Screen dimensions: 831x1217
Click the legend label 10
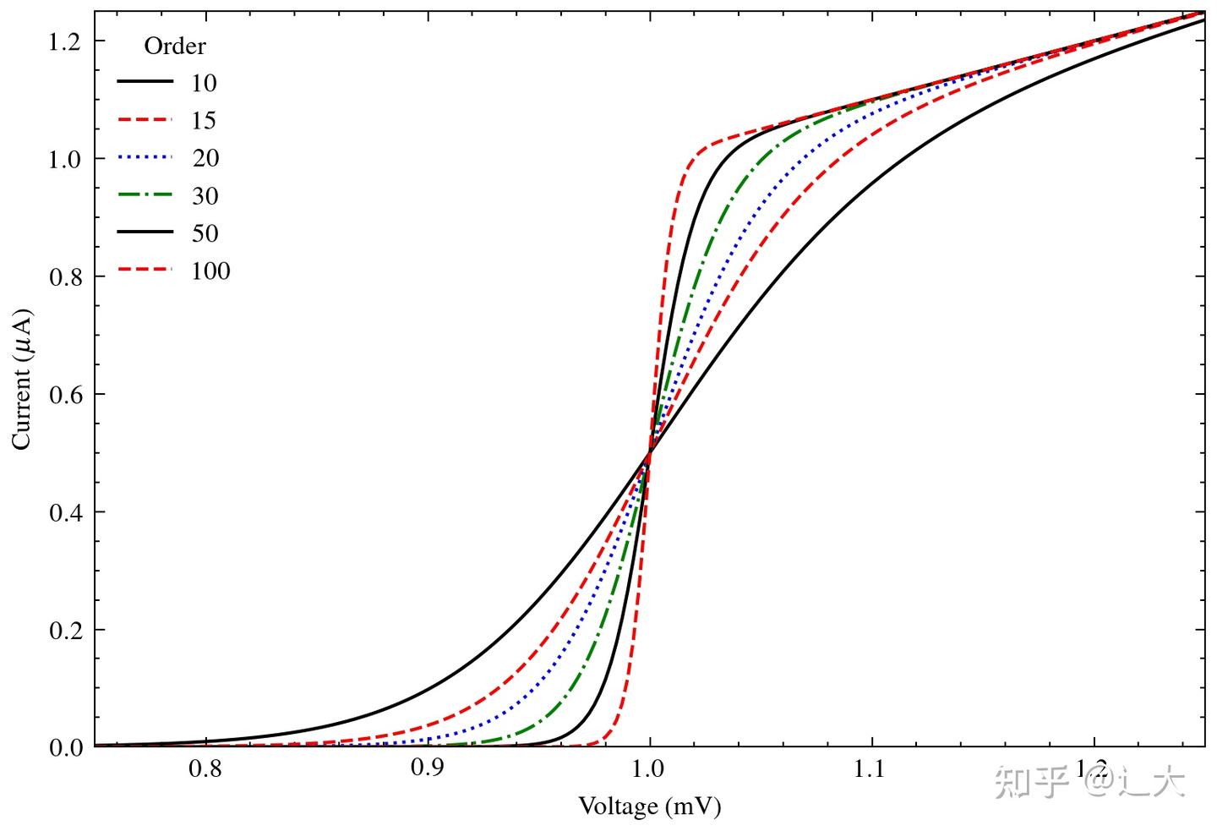pyautogui.click(x=204, y=83)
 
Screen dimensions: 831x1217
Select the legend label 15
pyautogui.click(x=204, y=121)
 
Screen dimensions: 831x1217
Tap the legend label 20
pyautogui.click(x=205, y=158)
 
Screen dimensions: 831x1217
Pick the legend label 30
pyautogui.click(x=205, y=196)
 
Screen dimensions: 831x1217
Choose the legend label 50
pyautogui.click(x=205, y=233)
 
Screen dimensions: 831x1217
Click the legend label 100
pyautogui.click(x=210, y=271)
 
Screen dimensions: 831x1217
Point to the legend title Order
pyautogui.click(x=175, y=46)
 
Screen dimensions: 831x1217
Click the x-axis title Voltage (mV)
pyautogui.click(x=649, y=806)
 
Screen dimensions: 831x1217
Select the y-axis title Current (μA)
pyautogui.click(x=22, y=380)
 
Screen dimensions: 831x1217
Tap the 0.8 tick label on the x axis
pyautogui.click(x=205, y=768)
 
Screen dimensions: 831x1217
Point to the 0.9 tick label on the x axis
pyautogui.click(x=427, y=768)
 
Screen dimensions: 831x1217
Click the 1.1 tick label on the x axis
pyautogui.click(x=870, y=768)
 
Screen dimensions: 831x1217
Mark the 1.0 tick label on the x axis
pyautogui.click(x=649, y=768)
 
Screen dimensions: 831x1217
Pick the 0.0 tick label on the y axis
pyautogui.click(x=66, y=747)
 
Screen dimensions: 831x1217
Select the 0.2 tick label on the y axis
pyautogui.click(x=66, y=630)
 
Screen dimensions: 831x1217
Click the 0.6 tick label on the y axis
pyautogui.click(x=66, y=395)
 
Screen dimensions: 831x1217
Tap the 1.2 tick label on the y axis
pyautogui.click(x=66, y=41)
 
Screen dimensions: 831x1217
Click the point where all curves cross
pyautogui.click(x=649, y=454)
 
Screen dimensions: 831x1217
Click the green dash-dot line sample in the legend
pyautogui.click(x=145, y=196)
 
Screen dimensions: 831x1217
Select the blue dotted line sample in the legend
pyautogui.click(x=145, y=158)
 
